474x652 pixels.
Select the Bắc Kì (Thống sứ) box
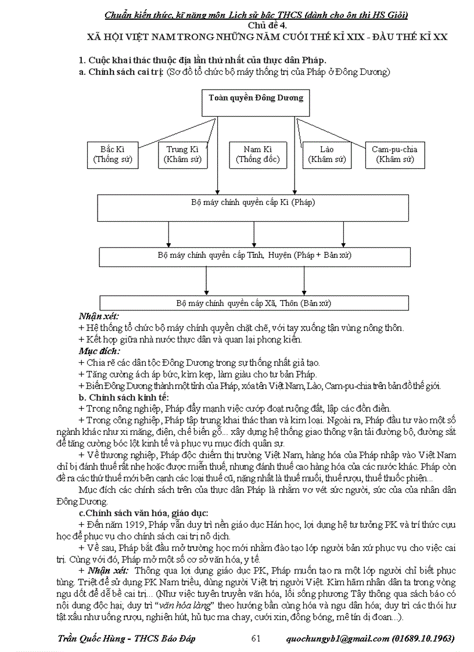pyautogui.click(x=113, y=154)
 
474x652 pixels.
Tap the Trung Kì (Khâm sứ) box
pyautogui.click(x=182, y=154)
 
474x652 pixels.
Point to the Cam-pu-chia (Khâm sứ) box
pyautogui.click(x=394, y=154)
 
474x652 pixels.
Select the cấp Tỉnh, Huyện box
pyautogui.click(x=254, y=256)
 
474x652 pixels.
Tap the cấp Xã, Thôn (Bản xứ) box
pyautogui.click(x=254, y=303)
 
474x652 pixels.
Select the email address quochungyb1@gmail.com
pyautogui.click(x=337, y=639)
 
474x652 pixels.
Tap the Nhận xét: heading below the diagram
pyautogui.click(x=99, y=317)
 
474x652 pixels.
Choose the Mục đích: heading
pyautogui.click(x=99, y=351)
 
